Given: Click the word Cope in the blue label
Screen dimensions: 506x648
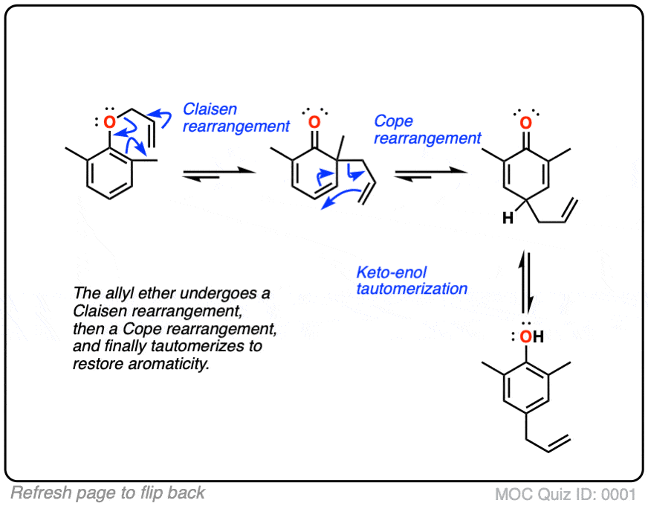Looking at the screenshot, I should click(x=393, y=121).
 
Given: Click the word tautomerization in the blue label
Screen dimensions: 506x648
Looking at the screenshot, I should click(x=412, y=288).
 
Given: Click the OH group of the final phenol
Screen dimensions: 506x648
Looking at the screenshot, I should click(x=530, y=337).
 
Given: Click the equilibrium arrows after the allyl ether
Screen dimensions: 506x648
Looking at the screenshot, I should click(x=218, y=173).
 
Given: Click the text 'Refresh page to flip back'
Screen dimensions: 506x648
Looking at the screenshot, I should click(x=108, y=492).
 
